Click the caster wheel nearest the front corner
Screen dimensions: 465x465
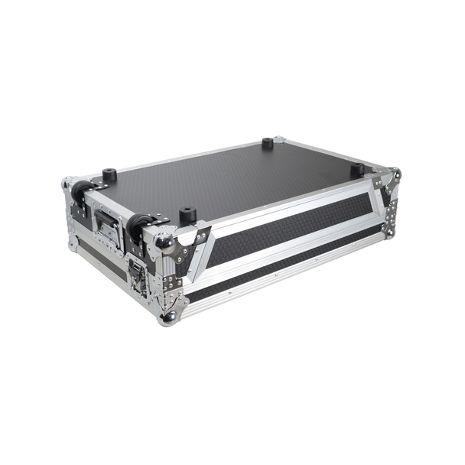(x=138, y=226)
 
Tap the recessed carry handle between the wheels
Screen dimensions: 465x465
(x=107, y=227)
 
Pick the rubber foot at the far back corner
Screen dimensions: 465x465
(x=267, y=143)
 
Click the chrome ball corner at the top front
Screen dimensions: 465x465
(x=163, y=239)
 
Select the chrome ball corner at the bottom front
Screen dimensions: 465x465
(x=167, y=316)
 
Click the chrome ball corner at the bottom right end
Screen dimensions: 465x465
(x=390, y=232)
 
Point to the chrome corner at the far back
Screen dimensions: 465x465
(x=279, y=140)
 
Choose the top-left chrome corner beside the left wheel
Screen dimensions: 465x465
(x=67, y=184)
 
